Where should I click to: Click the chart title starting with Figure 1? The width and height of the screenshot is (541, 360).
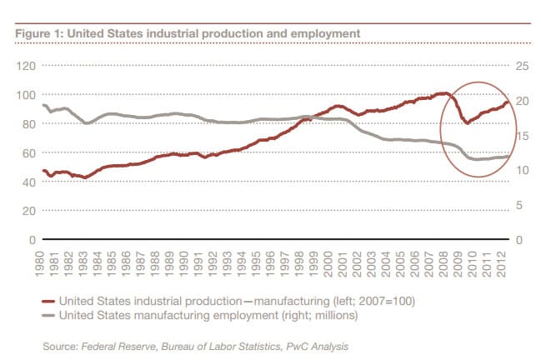tap(188, 32)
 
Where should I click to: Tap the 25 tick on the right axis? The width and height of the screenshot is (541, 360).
tap(523, 65)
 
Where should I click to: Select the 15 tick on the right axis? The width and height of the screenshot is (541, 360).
tap(523, 135)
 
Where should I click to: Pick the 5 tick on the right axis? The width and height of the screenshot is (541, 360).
tap(521, 205)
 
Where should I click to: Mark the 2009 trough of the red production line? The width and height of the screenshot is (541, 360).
tap(467, 123)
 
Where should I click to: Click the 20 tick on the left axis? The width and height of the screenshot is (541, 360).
tap(27, 211)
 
